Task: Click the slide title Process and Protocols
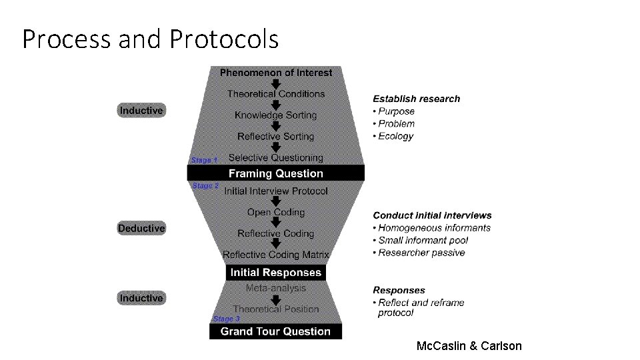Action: coord(150,40)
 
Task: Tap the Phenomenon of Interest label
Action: coord(275,72)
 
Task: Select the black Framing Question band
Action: coord(275,173)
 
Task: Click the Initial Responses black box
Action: coord(275,273)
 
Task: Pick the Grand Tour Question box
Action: coord(275,331)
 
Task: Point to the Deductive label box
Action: coord(141,229)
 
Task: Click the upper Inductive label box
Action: coord(141,111)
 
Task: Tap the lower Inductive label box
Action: coord(141,298)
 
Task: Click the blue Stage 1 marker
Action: coord(204,160)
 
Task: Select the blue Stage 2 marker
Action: coord(205,186)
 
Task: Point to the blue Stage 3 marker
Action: coord(227,319)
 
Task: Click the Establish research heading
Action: coord(416,99)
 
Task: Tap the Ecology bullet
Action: coord(395,136)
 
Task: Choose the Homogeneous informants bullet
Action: coord(434,228)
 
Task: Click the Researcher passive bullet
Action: coord(421,253)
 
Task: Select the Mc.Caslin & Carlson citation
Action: coord(469,345)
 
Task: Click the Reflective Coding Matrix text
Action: coord(275,255)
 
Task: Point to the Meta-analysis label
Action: coord(275,288)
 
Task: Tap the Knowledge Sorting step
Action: coord(275,115)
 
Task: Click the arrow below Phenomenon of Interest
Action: coord(275,83)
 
